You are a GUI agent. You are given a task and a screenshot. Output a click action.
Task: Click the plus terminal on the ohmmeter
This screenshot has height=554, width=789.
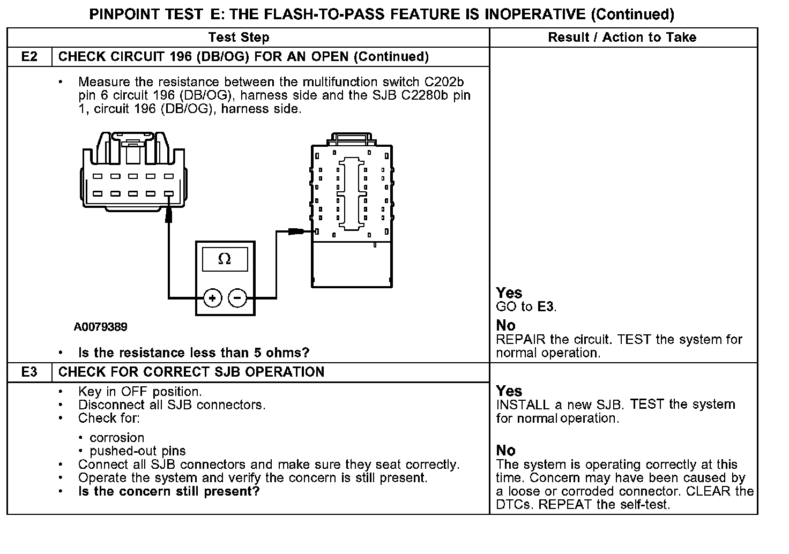pos(213,298)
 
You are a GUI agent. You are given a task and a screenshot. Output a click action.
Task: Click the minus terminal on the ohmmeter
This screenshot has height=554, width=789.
pos(238,298)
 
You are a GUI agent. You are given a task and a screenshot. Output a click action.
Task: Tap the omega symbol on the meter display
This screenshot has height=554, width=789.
pos(225,260)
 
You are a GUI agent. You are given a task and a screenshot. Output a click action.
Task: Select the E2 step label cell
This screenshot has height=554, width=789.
pos(29,57)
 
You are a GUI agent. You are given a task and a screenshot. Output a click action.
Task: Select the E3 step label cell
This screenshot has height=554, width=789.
pos(29,372)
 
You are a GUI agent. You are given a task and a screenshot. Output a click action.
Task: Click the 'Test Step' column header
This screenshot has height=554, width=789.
pos(239,38)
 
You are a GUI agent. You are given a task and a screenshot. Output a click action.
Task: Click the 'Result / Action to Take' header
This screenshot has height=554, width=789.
pos(622,38)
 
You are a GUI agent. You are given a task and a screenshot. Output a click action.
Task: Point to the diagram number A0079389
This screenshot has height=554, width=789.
pos(101,327)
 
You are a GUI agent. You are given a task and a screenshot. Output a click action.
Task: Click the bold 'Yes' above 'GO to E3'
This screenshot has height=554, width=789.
pos(509,293)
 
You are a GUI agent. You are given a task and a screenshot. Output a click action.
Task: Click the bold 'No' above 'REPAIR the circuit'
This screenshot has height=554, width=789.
pos(505,325)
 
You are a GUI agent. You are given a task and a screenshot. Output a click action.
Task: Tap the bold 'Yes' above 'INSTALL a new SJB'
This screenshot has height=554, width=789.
pos(509,391)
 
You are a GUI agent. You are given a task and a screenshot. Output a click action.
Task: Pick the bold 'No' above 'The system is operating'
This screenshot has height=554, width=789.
pos(505,450)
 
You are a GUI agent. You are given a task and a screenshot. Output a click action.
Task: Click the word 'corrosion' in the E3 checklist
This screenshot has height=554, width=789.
pos(117,438)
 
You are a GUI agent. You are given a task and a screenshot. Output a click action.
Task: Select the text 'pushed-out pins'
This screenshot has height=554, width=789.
pos(138,451)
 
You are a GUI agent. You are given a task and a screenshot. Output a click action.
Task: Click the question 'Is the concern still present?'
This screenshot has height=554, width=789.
pos(169,491)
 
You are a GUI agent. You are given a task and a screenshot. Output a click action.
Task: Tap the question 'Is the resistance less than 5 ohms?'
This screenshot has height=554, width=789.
pos(193,353)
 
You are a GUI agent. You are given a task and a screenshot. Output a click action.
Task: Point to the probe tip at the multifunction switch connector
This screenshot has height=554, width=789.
pos(168,215)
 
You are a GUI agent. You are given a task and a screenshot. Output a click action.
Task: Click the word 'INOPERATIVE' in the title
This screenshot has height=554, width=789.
pos(534,14)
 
